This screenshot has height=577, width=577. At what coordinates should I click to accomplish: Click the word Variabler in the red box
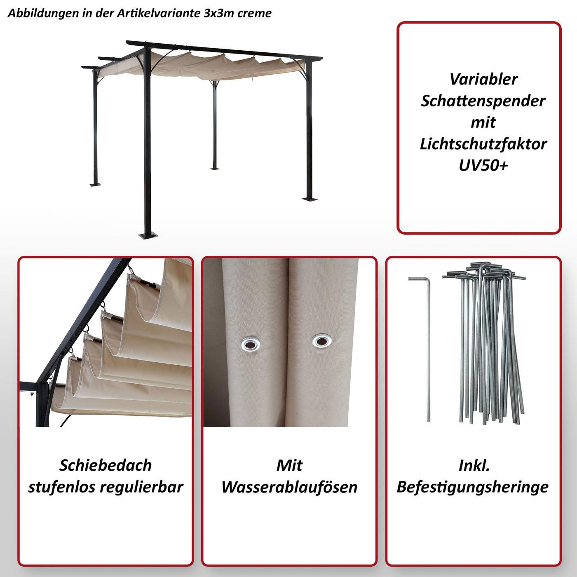(x=483, y=79)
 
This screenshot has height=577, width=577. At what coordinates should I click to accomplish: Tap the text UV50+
(x=483, y=165)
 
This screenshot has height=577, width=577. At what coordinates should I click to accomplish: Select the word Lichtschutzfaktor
(x=483, y=144)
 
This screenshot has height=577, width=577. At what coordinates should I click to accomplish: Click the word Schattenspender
(x=483, y=101)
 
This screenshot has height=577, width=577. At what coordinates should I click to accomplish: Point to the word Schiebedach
(x=106, y=465)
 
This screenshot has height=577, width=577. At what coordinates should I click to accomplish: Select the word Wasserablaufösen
(x=289, y=487)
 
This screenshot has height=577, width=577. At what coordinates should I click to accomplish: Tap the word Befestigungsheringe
(x=472, y=487)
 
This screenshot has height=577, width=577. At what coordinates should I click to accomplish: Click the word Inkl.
(x=474, y=465)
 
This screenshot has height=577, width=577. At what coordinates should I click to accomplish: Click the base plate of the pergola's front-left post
(x=148, y=236)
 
